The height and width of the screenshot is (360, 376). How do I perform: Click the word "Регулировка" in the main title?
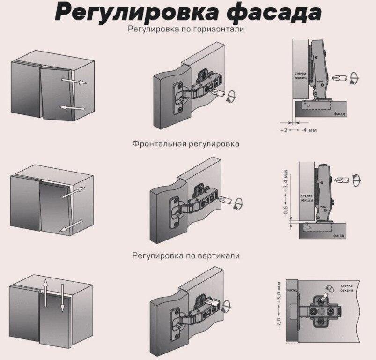(136, 14)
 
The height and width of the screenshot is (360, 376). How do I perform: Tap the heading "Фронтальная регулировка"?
(186, 143)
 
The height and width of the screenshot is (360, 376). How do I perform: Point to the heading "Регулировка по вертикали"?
(186, 256)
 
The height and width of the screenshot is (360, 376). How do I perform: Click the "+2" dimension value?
(283, 129)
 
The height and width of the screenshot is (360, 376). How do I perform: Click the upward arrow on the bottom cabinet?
(45, 292)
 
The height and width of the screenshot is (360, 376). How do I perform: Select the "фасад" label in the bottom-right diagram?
(292, 290)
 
